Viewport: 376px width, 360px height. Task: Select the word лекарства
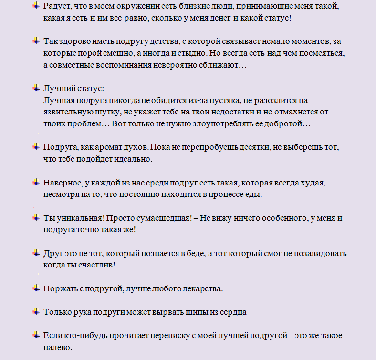click(201, 288)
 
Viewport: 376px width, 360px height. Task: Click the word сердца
click(232, 312)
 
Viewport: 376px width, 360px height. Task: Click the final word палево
click(57, 347)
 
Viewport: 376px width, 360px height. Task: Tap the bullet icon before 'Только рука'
click(36, 311)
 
